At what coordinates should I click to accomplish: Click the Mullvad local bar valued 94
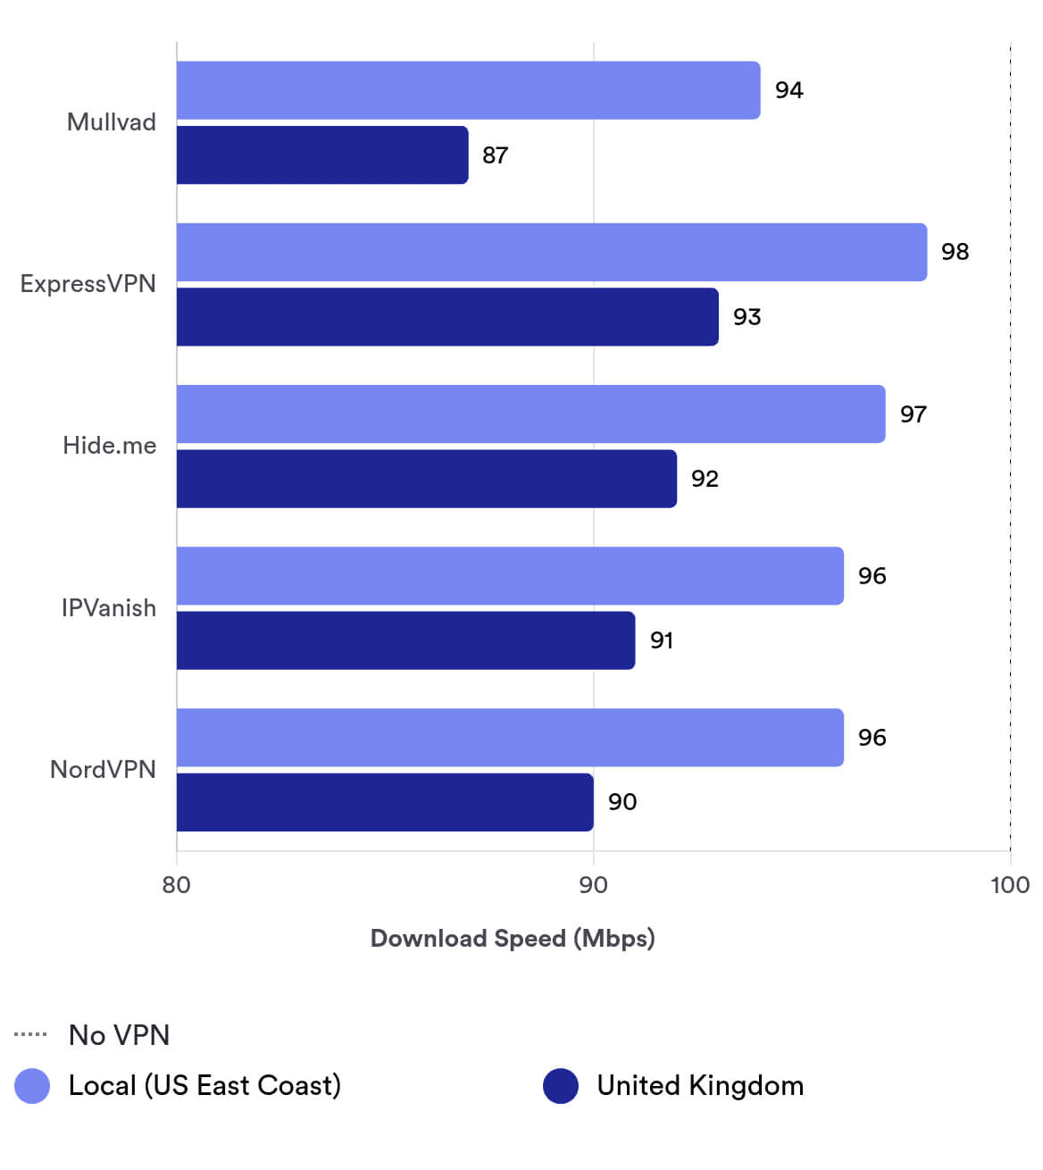point(468,90)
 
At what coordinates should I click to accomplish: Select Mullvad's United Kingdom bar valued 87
point(322,155)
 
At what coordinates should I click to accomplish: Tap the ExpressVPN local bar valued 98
point(551,252)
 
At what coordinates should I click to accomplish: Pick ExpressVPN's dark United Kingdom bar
point(447,317)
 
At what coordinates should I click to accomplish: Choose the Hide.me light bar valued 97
point(530,414)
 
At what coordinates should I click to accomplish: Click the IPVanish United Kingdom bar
point(405,640)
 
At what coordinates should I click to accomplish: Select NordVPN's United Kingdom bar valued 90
point(385,802)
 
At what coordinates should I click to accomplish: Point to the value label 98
point(955,252)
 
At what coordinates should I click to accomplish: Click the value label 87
point(495,155)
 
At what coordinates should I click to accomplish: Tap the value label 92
point(705,479)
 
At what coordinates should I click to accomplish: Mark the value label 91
point(661,640)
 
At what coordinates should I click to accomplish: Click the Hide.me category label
point(109,446)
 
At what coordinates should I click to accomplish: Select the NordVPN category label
point(103,770)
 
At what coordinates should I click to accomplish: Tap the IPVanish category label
point(108,608)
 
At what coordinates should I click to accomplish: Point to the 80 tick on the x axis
point(177,885)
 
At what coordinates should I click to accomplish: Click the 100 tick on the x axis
point(1010,885)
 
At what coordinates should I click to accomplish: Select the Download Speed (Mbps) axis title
point(513,939)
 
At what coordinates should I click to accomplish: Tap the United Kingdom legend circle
point(561,1086)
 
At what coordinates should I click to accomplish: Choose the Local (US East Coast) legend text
point(204,1086)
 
